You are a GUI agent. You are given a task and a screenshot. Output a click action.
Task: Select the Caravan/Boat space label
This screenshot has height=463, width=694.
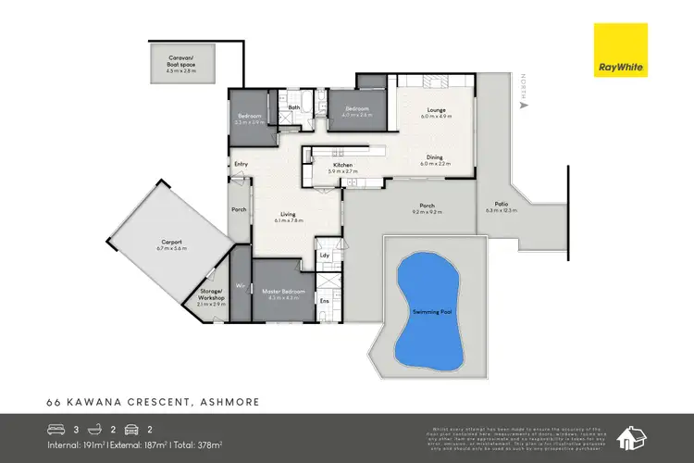[x=181, y=57]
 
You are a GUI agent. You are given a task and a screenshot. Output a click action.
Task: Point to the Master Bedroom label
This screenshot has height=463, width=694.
[x=277, y=294]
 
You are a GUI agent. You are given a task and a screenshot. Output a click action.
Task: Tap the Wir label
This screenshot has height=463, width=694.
[x=240, y=286]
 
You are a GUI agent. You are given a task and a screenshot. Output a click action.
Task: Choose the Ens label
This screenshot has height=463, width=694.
[x=325, y=300]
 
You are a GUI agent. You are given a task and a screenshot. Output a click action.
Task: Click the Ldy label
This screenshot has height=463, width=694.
[x=325, y=255]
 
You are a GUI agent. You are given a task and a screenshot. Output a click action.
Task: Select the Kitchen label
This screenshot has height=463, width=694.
[x=341, y=165]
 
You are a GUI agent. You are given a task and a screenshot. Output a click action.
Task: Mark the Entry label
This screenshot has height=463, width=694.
[x=242, y=165]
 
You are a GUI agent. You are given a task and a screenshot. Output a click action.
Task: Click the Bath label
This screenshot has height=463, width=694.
[x=294, y=107]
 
